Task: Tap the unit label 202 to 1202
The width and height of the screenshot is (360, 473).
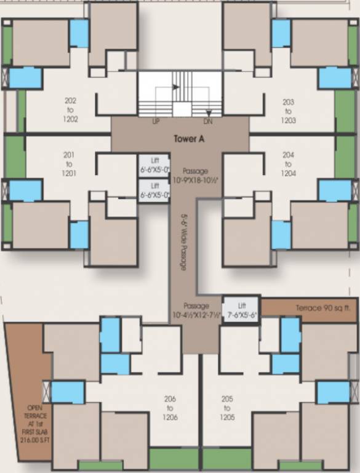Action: (x=71, y=110)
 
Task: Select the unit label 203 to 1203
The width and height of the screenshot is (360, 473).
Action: (x=288, y=111)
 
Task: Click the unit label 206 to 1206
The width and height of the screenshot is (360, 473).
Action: (x=170, y=408)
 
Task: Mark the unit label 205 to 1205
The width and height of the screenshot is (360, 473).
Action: (x=226, y=408)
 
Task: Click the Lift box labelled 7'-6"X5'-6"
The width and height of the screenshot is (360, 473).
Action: (x=240, y=306)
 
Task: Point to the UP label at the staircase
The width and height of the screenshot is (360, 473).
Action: (x=156, y=122)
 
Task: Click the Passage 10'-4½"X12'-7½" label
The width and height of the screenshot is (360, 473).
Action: (x=196, y=310)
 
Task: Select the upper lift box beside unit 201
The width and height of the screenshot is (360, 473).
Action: (x=154, y=163)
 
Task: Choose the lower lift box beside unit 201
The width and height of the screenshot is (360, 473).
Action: (x=154, y=190)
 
